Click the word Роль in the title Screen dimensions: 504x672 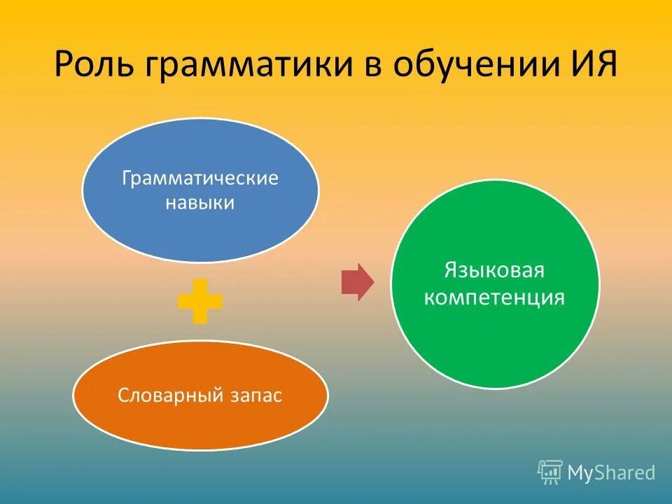93,67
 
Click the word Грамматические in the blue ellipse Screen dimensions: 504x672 200,178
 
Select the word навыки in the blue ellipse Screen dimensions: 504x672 200,204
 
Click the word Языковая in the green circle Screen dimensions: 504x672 494,271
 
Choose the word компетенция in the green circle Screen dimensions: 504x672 494,297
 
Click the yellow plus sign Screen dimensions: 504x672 200,301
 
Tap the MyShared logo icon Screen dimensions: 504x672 549,472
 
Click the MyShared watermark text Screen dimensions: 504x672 611,473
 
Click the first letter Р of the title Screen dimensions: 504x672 63,66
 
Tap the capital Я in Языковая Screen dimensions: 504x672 451,270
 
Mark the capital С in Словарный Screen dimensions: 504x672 122,395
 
